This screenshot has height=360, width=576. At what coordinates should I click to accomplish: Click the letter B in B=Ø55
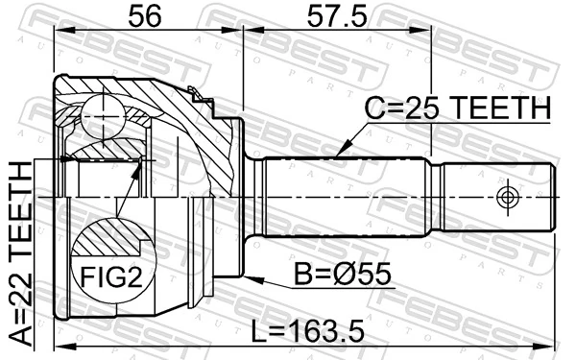tap(304, 278)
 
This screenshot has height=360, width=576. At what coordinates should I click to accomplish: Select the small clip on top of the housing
tap(199, 94)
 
